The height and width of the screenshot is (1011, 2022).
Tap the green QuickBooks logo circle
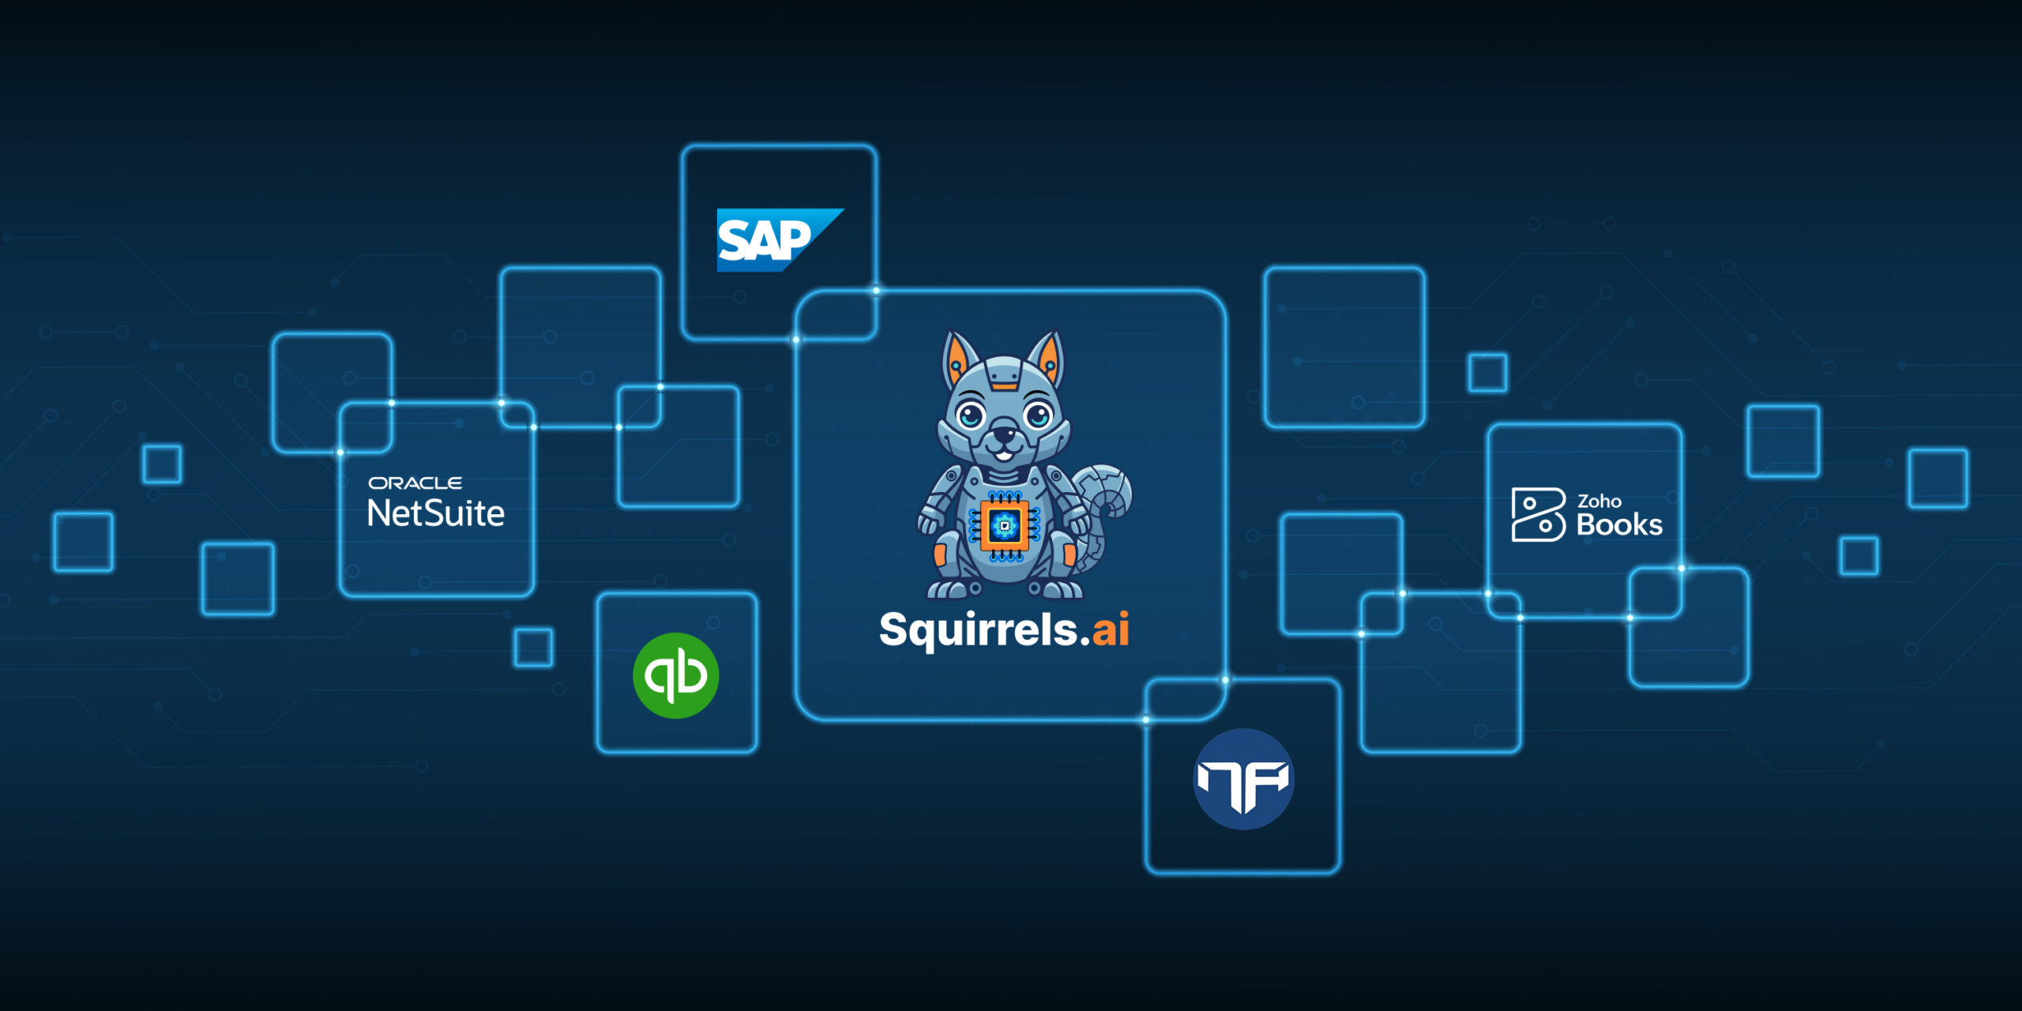point(675,675)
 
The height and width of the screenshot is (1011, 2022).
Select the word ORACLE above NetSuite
point(415,483)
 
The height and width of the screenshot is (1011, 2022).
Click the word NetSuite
point(436,513)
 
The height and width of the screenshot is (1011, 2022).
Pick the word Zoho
point(1599,501)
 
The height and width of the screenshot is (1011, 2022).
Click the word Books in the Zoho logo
point(1619,524)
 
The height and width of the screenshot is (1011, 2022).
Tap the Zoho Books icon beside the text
point(1537,514)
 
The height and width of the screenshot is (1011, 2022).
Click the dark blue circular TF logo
point(1243,779)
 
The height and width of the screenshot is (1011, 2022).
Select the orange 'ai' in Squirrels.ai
point(1110,630)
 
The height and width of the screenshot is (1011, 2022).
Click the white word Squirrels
point(978,630)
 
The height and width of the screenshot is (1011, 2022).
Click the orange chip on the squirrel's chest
point(1004,525)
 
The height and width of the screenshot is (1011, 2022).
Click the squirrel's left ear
point(958,359)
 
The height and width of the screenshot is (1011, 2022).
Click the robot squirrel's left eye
point(971,413)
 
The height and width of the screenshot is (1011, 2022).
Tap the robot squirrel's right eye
point(1038,413)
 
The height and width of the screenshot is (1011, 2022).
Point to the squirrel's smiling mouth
point(1003,454)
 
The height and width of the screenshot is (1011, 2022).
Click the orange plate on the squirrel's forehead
point(1004,385)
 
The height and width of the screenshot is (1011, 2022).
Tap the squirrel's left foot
point(951,588)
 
